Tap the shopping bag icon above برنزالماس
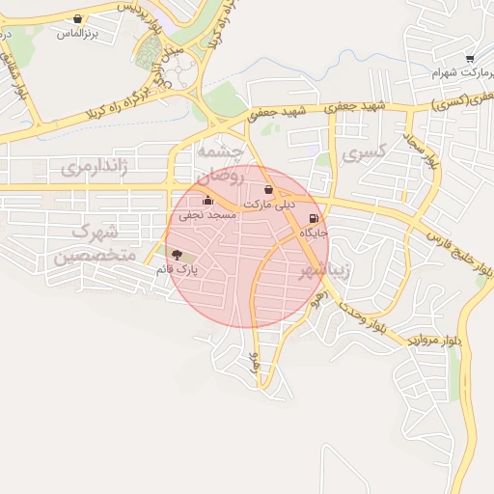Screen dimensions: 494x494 point(77,18)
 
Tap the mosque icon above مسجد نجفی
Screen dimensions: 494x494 point(207,201)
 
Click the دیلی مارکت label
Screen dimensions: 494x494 point(269,205)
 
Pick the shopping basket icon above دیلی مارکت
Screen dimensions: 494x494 point(267,190)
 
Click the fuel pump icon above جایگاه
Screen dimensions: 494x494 point(314,219)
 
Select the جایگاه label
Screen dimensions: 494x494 point(315,233)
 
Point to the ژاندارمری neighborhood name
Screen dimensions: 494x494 point(94,168)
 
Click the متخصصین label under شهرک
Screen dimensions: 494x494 point(94,257)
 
